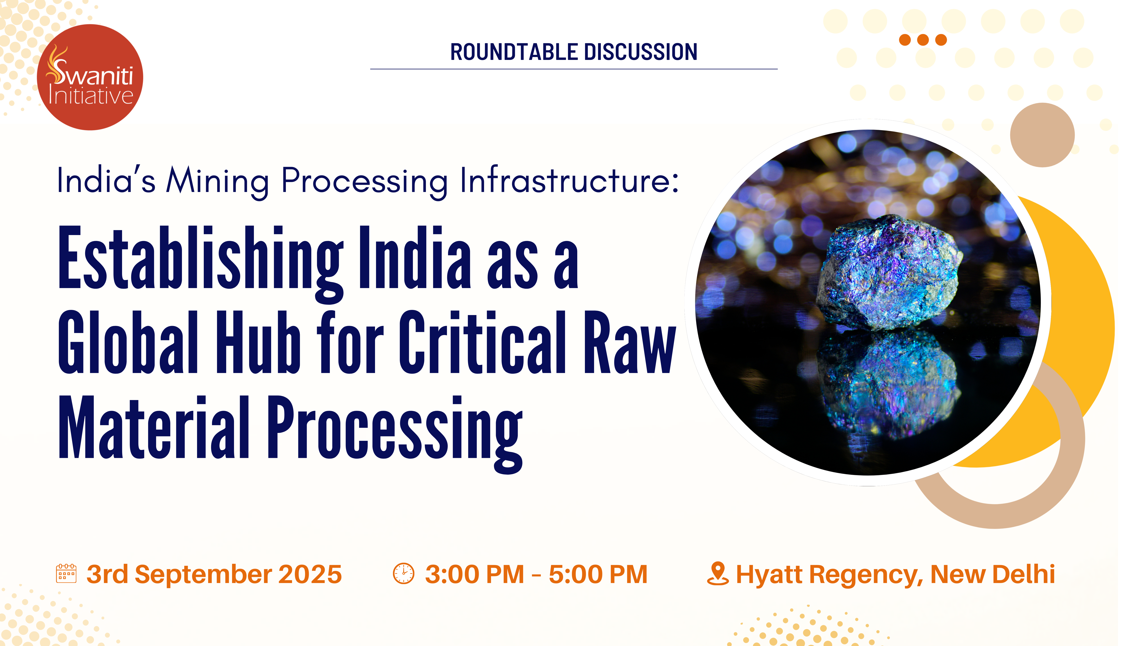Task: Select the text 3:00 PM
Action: click(x=475, y=574)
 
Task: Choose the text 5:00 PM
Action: click(x=598, y=574)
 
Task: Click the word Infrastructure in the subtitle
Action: click(x=569, y=180)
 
